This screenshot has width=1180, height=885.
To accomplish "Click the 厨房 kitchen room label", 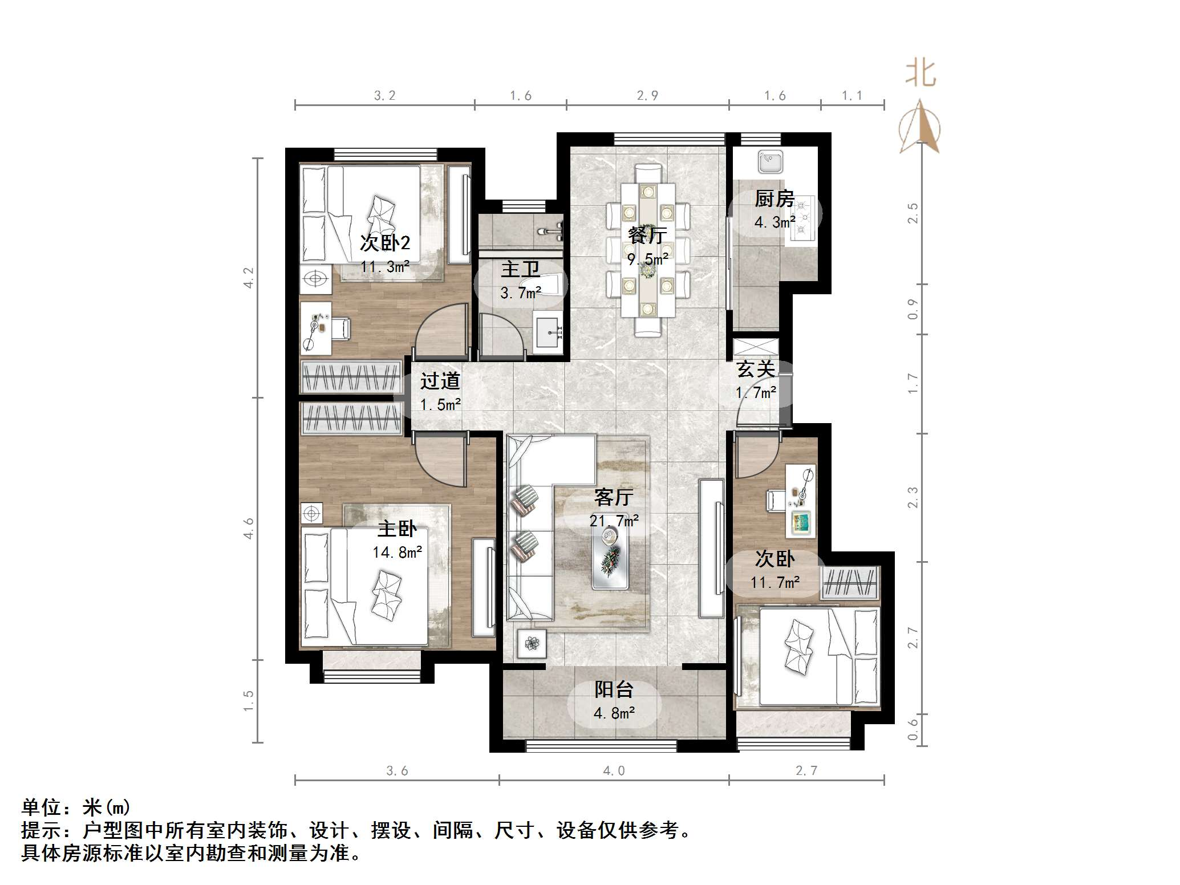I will tap(774, 199).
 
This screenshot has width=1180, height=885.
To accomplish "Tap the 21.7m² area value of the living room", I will tap(614, 521).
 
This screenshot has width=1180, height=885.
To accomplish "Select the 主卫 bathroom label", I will tap(520, 269).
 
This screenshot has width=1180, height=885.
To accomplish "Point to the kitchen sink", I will tap(769, 161).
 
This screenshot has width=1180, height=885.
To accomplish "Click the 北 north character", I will tap(921, 74).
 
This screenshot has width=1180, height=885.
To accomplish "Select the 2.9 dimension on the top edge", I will tap(647, 96).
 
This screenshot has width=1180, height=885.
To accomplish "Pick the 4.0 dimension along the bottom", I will tap(614, 771).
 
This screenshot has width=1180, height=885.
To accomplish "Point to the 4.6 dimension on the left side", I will tap(249, 529).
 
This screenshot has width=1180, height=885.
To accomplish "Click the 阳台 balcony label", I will tap(614, 689).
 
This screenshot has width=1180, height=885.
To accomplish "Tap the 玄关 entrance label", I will tap(756, 369).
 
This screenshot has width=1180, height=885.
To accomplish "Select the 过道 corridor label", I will tap(440, 380).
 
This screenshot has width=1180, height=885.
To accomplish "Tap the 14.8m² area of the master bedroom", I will tap(397, 552).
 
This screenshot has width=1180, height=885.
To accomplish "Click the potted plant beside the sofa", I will tap(532, 644).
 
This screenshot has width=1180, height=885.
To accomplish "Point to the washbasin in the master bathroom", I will tap(549, 331).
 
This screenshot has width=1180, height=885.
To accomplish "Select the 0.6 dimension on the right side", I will tap(913, 730).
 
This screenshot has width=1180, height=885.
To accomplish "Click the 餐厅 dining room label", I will tap(647, 234).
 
